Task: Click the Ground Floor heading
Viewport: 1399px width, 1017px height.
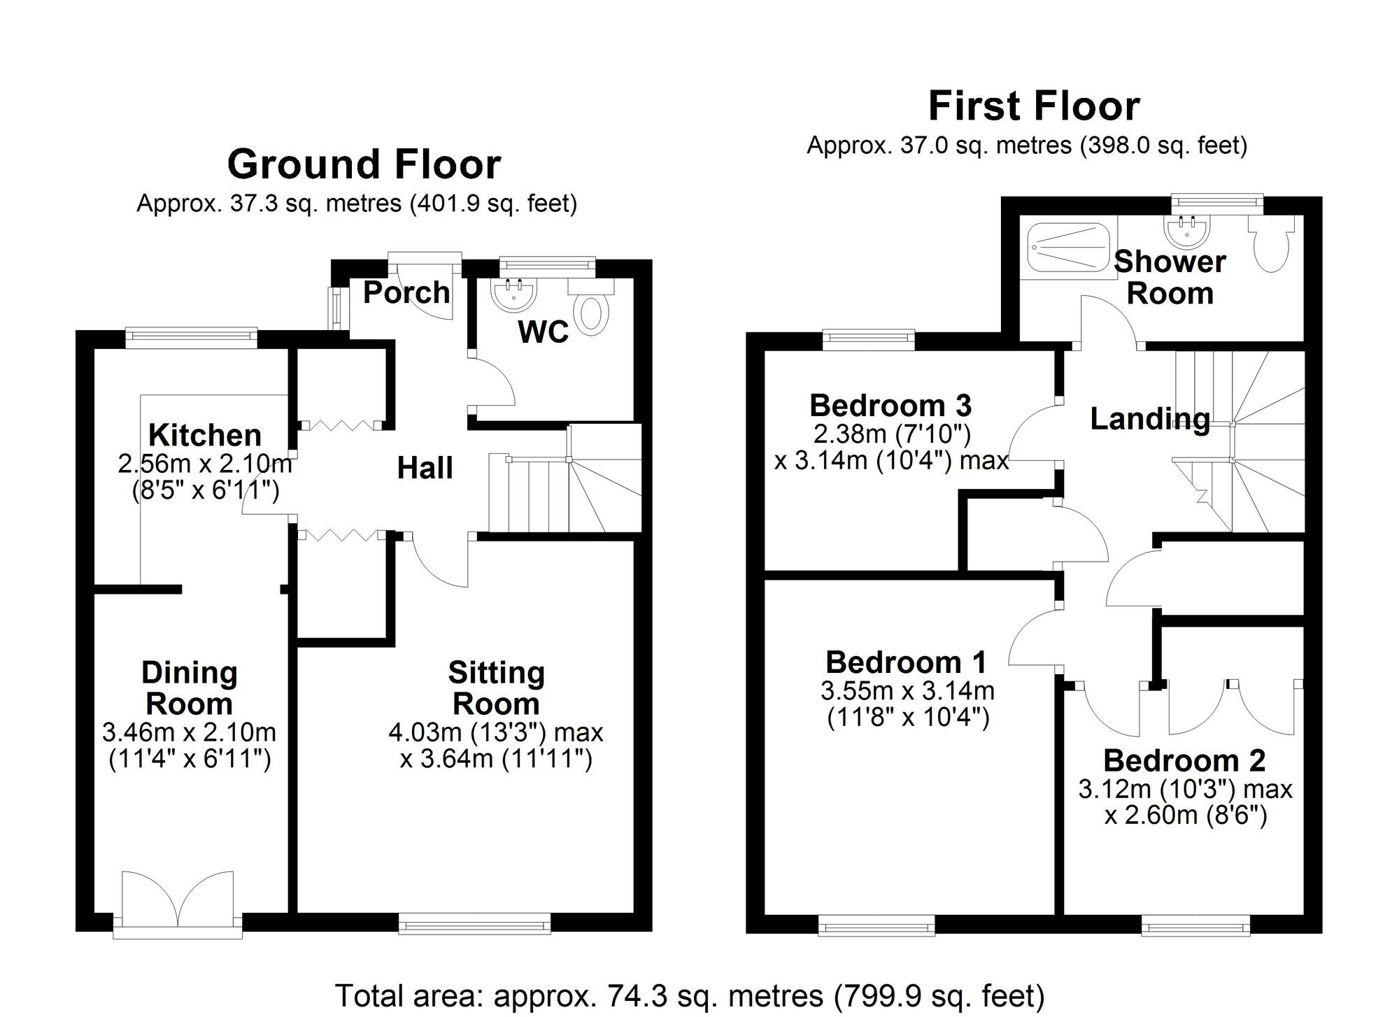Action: click(364, 165)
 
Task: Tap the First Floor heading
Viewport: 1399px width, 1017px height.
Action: click(1034, 107)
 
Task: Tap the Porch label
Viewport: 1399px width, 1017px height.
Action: click(406, 292)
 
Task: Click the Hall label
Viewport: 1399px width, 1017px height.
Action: click(425, 468)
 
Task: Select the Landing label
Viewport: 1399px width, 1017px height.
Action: click(1150, 419)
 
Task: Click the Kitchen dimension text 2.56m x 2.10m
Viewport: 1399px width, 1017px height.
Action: click(204, 463)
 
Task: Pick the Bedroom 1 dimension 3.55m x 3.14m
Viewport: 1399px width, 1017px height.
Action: click(907, 691)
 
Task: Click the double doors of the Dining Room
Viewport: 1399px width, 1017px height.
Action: click(178, 900)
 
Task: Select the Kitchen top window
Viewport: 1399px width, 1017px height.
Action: click(191, 337)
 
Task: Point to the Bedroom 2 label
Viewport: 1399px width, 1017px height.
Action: click(1184, 760)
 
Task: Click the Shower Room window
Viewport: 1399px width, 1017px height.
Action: click(1218, 203)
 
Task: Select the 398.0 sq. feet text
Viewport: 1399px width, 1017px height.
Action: click(1163, 145)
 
